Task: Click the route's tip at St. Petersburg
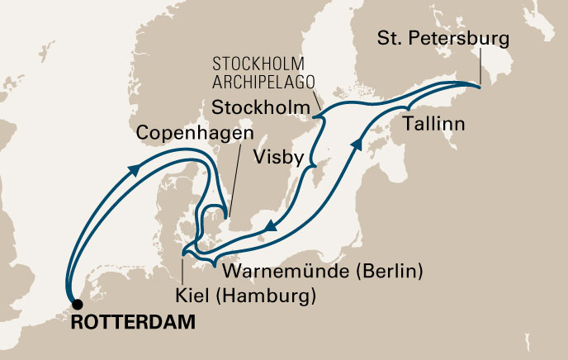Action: coord(479,84)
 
